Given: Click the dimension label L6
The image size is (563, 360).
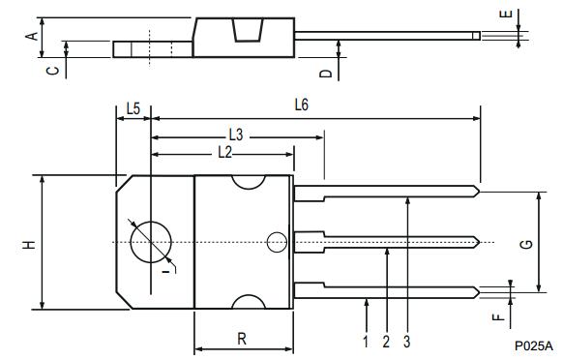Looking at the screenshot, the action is click(x=302, y=105).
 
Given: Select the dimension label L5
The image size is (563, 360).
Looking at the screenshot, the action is click(x=133, y=108).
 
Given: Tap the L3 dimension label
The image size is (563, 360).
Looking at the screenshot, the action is click(x=236, y=135).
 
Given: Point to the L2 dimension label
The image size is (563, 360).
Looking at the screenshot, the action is click(x=225, y=153).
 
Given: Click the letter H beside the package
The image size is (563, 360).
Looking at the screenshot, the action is click(x=29, y=245).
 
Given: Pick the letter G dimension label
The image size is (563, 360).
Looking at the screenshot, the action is click(x=527, y=245).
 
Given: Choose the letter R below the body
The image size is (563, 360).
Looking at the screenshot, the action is click(x=242, y=339).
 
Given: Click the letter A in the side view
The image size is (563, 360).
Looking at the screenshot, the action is click(x=32, y=36).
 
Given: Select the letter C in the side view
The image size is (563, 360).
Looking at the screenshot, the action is click(x=53, y=71).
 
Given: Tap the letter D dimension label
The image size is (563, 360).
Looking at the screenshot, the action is click(x=326, y=74).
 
